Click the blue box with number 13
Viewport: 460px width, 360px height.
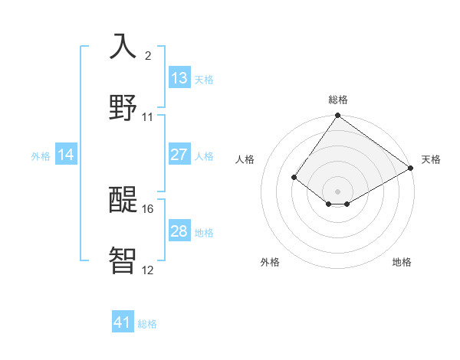point(179,78)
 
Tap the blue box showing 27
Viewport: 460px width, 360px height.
point(179,155)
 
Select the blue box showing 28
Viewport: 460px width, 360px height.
point(179,231)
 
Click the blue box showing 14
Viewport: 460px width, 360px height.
point(66,155)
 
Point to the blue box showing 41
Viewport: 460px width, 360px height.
point(123,322)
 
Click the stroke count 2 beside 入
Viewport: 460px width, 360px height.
point(148,56)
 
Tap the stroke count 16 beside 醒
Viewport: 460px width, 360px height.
point(149,208)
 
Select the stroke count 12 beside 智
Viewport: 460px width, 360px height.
point(148,269)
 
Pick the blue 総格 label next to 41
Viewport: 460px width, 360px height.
point(147,324)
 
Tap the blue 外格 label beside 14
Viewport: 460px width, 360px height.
point(41,156)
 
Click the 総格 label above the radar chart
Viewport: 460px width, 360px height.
point(338,100)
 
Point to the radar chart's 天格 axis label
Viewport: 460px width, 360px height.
point(431,159)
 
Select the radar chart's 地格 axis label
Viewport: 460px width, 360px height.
point(402,263)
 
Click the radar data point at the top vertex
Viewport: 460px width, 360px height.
point(338,116)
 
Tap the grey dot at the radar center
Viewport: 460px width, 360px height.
point(338,191)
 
